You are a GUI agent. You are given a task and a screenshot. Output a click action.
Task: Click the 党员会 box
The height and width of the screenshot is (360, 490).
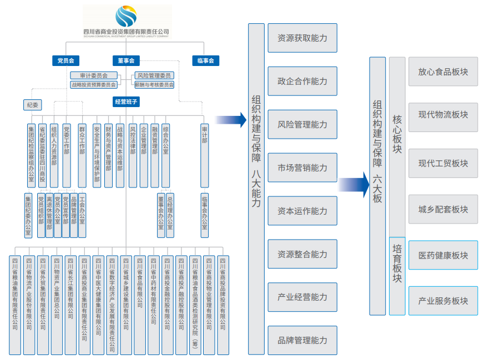pos(66,60)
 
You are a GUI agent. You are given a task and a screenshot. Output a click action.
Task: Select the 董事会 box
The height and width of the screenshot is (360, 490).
pos(126,60)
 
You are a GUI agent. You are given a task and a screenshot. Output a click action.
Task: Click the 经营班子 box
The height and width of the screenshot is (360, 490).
pos(126,102)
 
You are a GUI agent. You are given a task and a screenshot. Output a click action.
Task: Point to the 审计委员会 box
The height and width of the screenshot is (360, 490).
pos(94,75)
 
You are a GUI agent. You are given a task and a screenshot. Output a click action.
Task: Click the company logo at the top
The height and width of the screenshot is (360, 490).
pos(127,17)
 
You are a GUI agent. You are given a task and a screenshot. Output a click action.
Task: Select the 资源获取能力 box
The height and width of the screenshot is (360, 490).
pos(302,38)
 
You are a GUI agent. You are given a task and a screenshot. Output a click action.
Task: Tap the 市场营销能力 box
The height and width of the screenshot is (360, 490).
pos(302,168)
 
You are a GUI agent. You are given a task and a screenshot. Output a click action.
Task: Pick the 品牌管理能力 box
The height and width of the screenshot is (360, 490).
pos(302,341)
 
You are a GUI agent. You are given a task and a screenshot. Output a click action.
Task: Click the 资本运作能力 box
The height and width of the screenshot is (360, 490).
pos(302,211)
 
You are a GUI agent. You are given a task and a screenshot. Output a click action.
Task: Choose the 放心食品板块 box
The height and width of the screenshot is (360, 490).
pos(443,72)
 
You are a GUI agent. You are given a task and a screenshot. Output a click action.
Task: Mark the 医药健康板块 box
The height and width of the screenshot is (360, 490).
pos(443,255)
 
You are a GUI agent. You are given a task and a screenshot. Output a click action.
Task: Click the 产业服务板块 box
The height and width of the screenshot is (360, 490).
pos(443,301)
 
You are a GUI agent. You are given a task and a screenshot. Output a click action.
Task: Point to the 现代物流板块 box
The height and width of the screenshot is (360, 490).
pos(443,115)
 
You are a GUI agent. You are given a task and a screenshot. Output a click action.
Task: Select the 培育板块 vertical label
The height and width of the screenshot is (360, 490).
pos(397,263)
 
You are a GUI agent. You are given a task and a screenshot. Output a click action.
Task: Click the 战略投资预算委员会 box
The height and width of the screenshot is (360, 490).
pos(94,85)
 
